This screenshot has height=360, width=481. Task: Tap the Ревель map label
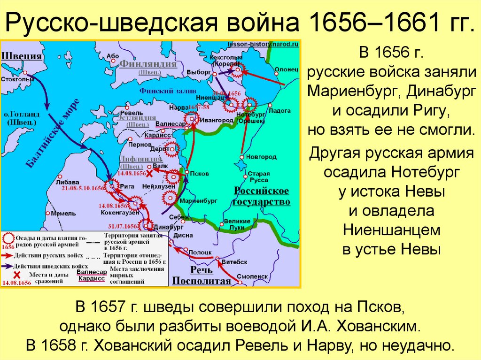(x=129, y=113)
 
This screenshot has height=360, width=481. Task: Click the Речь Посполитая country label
(x=202, y=276)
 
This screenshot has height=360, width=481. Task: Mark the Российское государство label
(x=262, y=196)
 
